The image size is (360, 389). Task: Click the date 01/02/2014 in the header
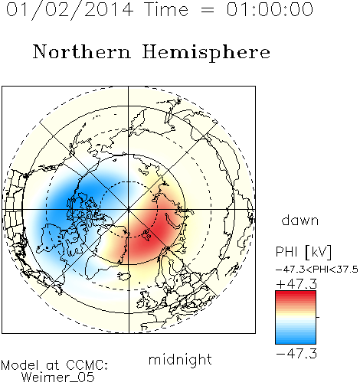click(x=70, y=10)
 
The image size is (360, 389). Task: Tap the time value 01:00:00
click(x=270, y=9)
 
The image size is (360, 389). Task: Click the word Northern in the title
click(x=82, y=51)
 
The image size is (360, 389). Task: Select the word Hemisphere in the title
click(x=206, y=53)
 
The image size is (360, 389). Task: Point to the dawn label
click(x=300, y=220)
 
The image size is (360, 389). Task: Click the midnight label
click(x=180, y=360)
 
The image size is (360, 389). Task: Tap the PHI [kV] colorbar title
click(x=303, y=252)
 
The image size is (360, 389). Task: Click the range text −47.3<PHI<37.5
click(x=317, y=270)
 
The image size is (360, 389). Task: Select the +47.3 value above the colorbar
click(x=296, y=284)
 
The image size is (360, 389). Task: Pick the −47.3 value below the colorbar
click(x=296, y=354)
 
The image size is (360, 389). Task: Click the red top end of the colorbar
click(x=296, y=293)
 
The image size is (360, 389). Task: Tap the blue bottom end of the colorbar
click(x=296, y=341)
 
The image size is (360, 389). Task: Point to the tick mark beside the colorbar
click(x=318, y=317)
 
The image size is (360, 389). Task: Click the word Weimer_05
click(x=58, y=378)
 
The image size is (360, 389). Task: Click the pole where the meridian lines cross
click(x=129, y=209)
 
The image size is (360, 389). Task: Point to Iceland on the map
click(x=124, y=276)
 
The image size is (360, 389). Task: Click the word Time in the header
click(x=166, y=9)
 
